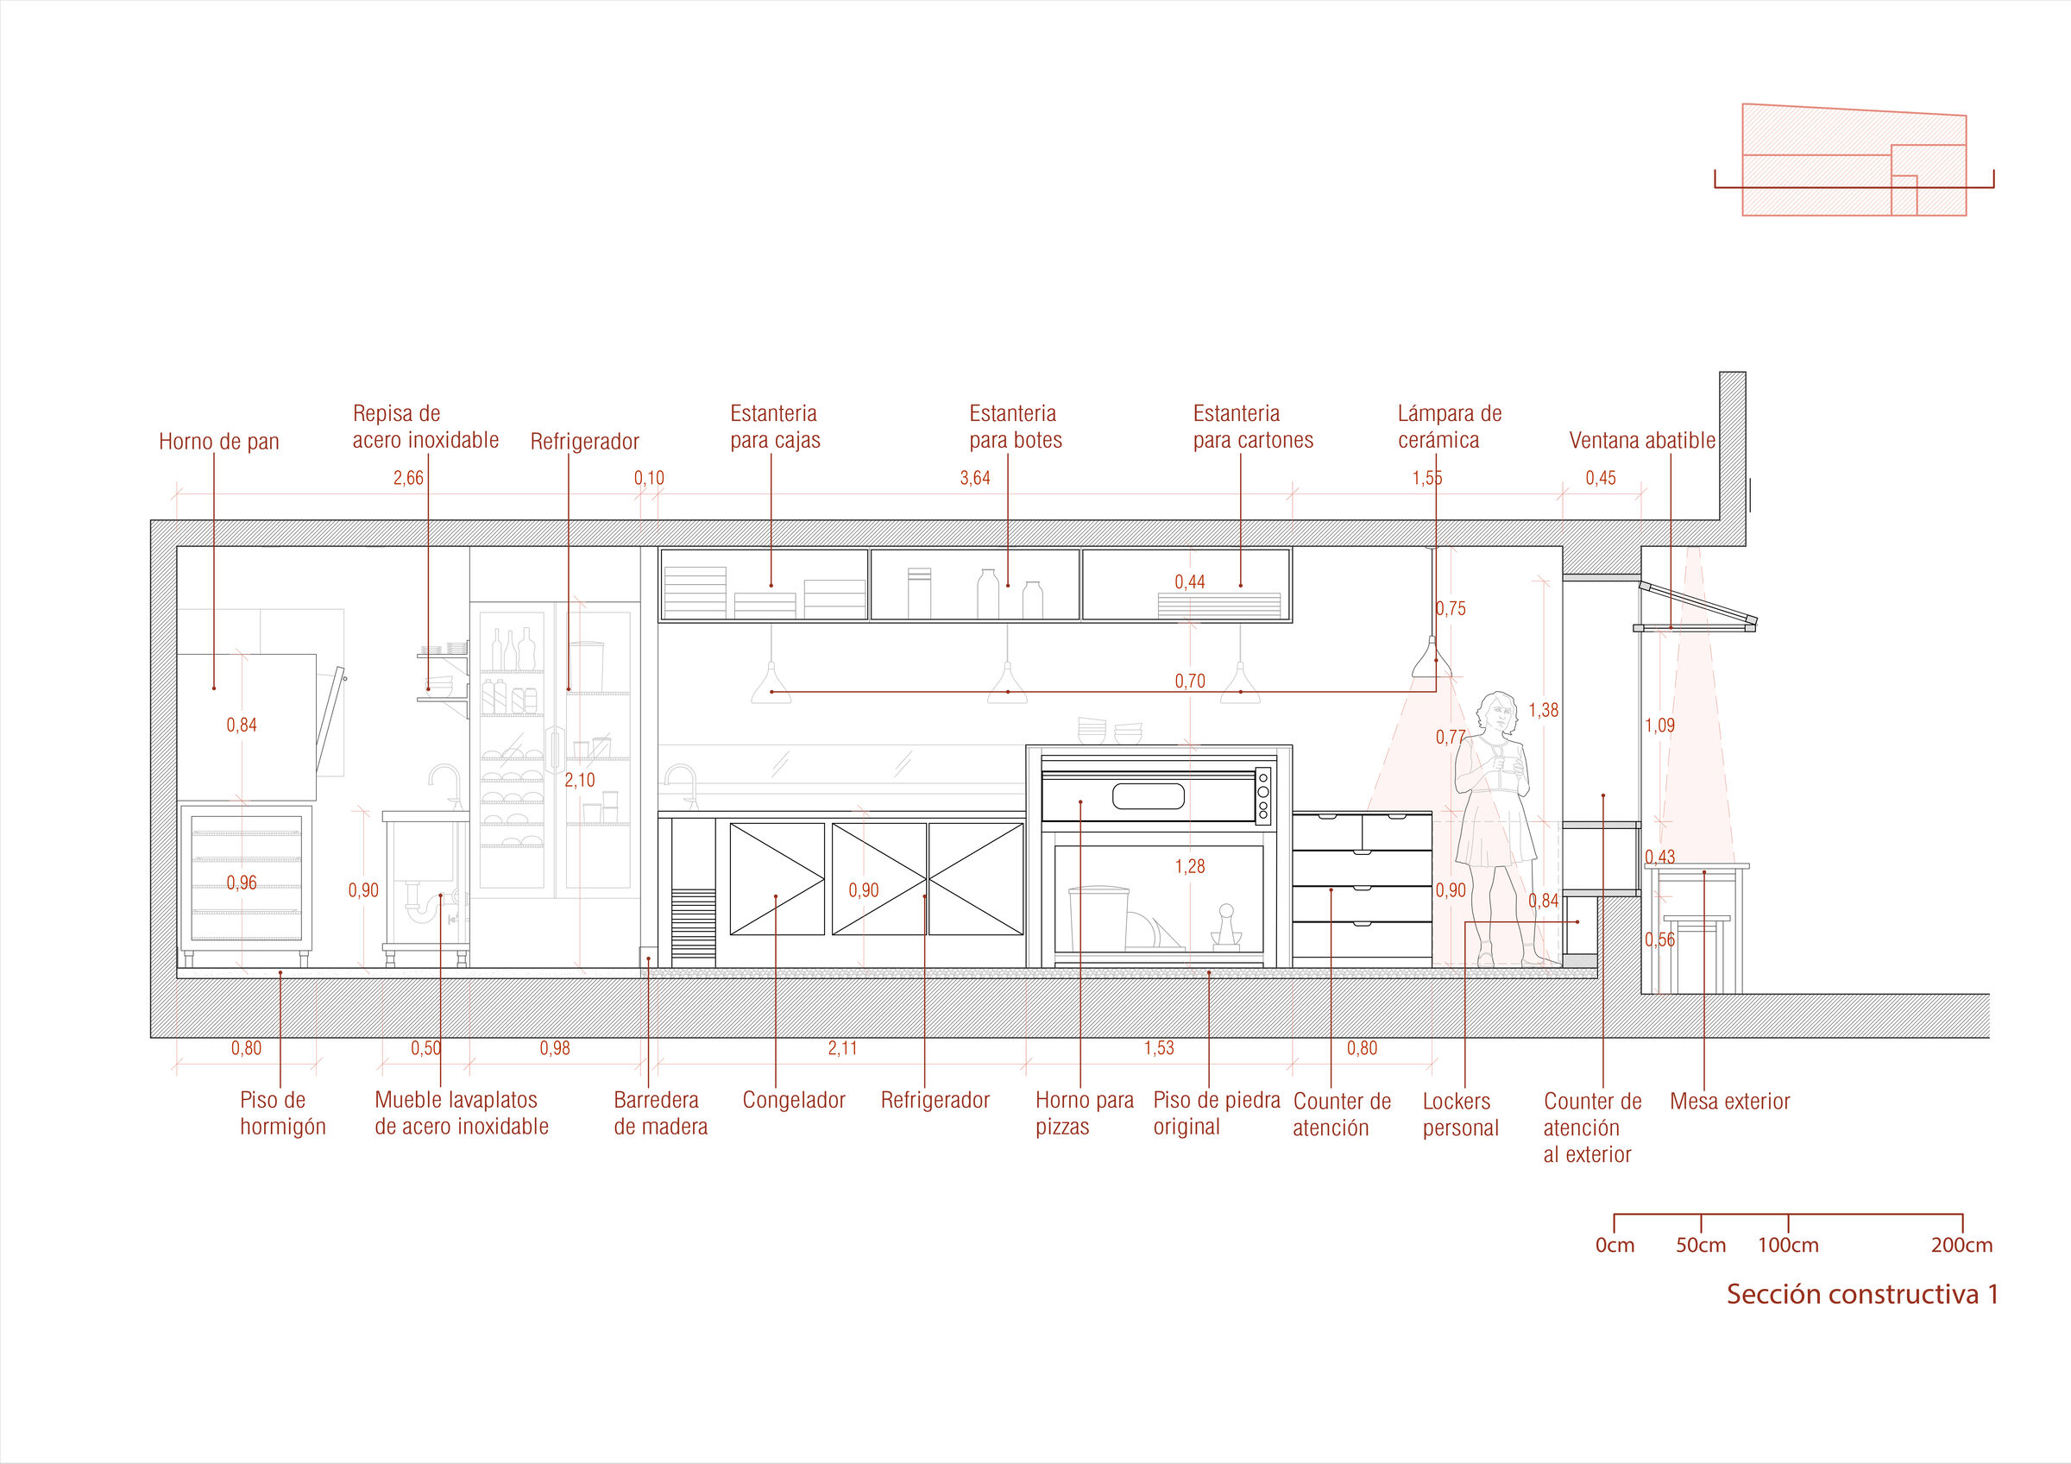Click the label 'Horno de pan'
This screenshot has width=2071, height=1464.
219,442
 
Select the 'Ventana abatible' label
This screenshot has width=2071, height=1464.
1641,441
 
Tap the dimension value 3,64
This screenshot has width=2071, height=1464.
975,478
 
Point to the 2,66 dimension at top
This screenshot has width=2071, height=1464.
407,478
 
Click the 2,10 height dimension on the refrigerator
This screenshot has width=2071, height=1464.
580,780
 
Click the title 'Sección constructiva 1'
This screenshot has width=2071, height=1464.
1861,1294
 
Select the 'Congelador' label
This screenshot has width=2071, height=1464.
794,1101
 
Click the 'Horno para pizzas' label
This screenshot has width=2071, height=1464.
1084,1114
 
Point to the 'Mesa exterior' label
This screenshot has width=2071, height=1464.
1729,1102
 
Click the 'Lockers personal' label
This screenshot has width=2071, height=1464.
1460,1115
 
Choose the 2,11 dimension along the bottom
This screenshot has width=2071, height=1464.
842,1048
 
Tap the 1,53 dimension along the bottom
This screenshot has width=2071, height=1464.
1159,1048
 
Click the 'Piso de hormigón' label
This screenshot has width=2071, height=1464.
282,1114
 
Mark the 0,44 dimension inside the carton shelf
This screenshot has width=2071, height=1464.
1190,582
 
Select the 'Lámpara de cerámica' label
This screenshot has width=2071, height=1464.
1450,428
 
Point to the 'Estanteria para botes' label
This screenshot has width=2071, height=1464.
1016,428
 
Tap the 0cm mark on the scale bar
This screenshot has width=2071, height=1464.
1615,1246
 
